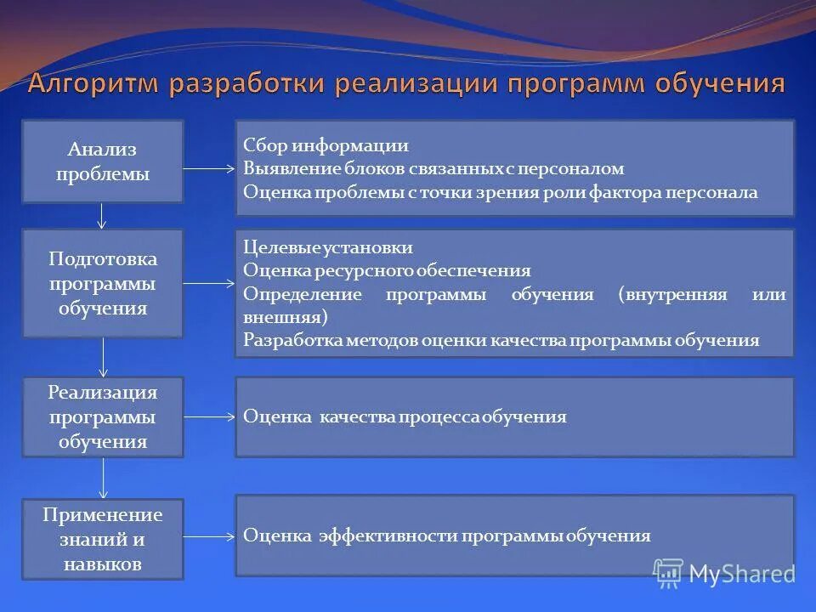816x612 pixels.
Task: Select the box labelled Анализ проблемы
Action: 102,161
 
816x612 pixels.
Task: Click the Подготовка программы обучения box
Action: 102,283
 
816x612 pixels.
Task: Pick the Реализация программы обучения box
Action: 102,416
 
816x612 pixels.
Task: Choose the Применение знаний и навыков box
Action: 102,539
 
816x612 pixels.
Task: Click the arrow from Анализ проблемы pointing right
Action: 209,168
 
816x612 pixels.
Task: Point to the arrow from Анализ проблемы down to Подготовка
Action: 102,216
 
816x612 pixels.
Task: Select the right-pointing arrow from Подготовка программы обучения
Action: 209,283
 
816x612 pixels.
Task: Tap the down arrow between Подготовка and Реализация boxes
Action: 104,357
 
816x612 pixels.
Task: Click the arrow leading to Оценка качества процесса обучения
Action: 209,416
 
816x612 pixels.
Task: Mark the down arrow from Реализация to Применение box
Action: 104,478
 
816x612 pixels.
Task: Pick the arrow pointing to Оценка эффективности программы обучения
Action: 209,536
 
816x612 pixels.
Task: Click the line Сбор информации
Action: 326,145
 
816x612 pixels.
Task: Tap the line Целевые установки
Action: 327,247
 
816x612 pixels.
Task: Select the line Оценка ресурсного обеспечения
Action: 387,270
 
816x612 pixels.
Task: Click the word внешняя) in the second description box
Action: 285,317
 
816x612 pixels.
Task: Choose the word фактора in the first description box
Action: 622,192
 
